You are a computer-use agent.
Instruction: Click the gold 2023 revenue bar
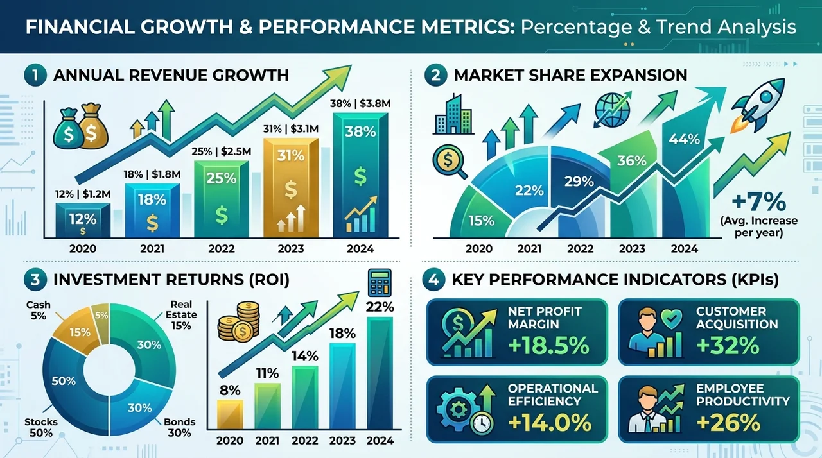pos(291,187)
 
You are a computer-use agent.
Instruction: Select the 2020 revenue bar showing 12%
pos(83,221)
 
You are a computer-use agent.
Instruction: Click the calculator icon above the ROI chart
pos(380,282)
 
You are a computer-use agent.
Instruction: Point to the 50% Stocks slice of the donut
pos(64,385)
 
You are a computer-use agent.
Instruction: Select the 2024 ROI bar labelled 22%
pos(380,373)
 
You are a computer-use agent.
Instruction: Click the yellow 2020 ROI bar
pos(230,414)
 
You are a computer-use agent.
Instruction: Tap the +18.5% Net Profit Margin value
pos(548,346)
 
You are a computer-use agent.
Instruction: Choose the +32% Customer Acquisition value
pos(728,346)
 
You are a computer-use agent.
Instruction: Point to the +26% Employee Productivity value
pos(728,423)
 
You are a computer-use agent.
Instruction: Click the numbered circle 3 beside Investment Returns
pos(35,280)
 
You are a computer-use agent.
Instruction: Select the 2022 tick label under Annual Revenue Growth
pos(222,249)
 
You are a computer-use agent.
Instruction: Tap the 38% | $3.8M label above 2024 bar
pos(360,104)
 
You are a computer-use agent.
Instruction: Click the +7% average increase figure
pos(759,203)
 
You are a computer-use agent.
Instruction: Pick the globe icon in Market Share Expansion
pos(612,110)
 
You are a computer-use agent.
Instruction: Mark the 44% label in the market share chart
pos(684,139)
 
